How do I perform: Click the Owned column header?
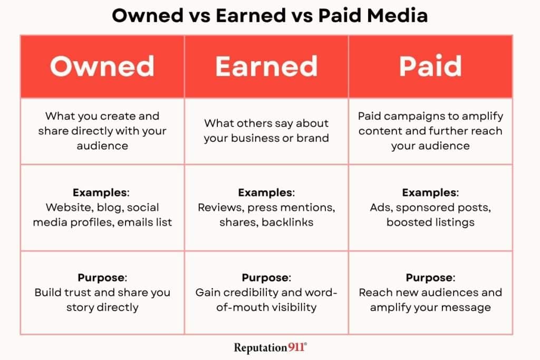pos(102,66)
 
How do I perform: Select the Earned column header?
pos(266,66)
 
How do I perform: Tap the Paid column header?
pos(430,65)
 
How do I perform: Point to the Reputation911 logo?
pos(271,347)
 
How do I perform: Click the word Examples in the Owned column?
pos(100,192)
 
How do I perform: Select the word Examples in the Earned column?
pos(265,192)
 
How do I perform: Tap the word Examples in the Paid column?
pos(429,192)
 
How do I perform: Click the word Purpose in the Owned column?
pos(101,277)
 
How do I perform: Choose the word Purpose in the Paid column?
pos(429,277)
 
